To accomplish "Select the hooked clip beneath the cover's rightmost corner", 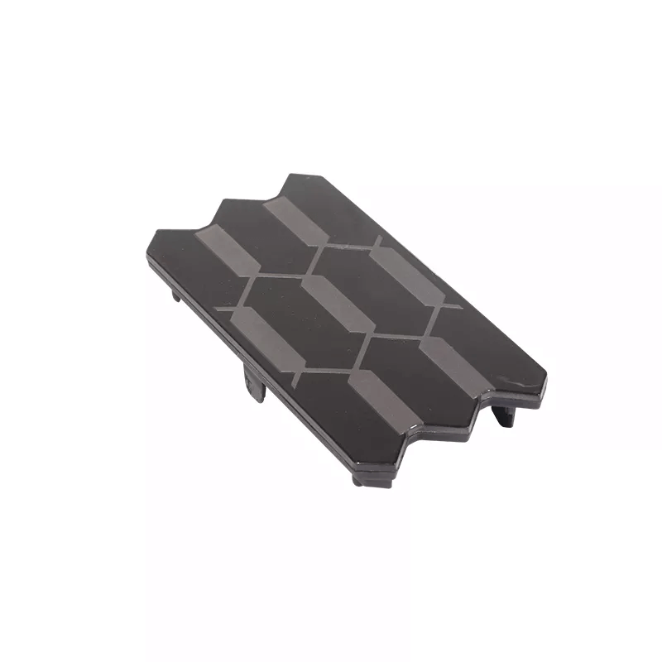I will click(x=505, y=413).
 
